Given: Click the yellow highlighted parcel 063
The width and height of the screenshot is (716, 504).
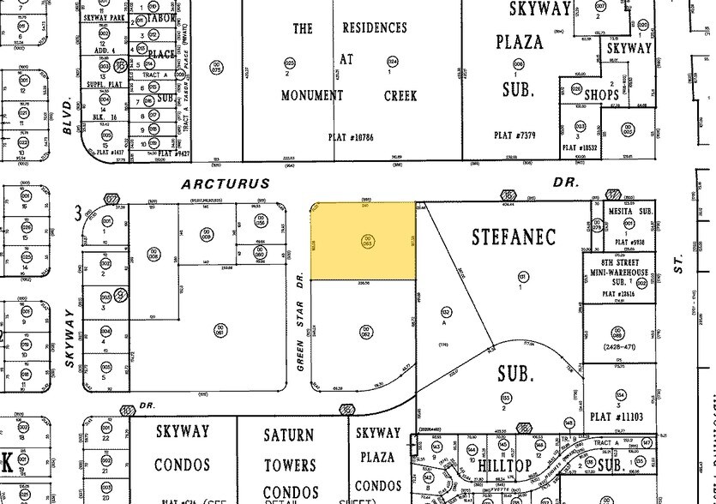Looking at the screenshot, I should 363,241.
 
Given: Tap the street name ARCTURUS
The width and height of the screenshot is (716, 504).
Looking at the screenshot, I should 226,184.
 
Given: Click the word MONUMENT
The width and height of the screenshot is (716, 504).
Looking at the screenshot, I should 312,95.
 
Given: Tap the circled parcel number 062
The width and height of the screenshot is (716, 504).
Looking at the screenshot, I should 365,330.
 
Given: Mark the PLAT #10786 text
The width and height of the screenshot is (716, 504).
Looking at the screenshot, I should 353,136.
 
